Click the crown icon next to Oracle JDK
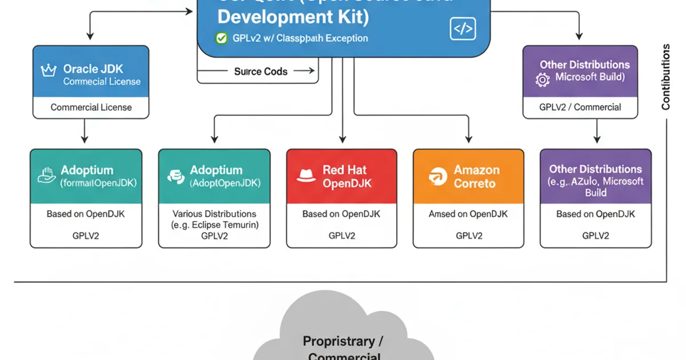click(x=48, y=70)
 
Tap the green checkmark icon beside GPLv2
click(x=221, y=38)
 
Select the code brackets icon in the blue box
click(x=462, y=29)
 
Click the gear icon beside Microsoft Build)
click(x=543, y=79)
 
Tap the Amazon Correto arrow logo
click(x=436, y=177)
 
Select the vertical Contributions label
click(x=665, y=77)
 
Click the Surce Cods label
click(x=261, y=71)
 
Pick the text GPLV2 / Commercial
click(x=580, y=107)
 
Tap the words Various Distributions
click(x=214, y=214)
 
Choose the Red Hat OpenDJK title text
click(x=345, y=177)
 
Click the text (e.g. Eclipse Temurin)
click(x=214, y=225)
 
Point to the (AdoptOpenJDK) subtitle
click(x=225, y=183)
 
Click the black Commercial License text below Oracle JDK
click(x=91, y=107)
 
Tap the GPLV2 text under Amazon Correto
click(x=469, y=235)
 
